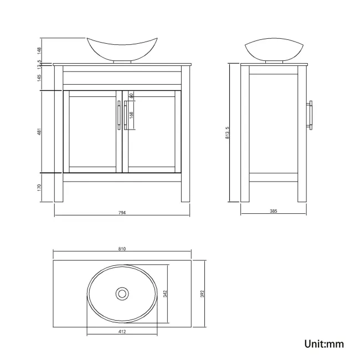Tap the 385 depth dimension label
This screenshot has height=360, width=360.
[272, 212]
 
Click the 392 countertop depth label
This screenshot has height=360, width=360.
[203, 292]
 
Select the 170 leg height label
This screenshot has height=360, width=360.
[40, 187]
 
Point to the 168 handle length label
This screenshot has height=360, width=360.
[131, 116]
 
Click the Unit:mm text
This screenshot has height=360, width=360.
[324, 344]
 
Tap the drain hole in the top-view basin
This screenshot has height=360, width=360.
[122, 292]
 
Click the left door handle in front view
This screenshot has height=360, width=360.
[119, 115]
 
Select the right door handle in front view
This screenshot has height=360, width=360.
[125, 115]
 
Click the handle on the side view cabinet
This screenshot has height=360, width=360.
[311, 115]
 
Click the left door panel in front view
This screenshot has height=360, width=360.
[92, 132]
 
